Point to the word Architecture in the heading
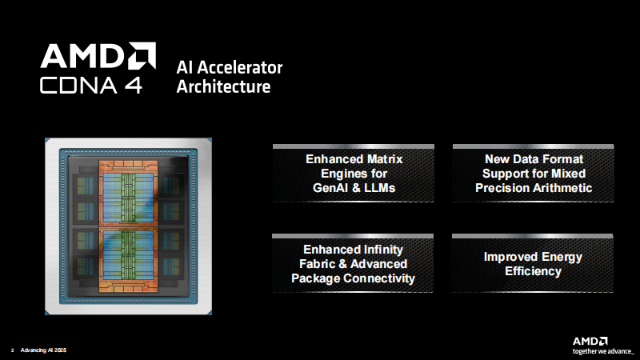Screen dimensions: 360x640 click(223, 86)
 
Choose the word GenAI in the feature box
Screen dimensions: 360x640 click(334, 188)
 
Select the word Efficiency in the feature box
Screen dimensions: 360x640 click(533, 271)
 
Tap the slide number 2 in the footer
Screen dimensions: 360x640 click(12, 350)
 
